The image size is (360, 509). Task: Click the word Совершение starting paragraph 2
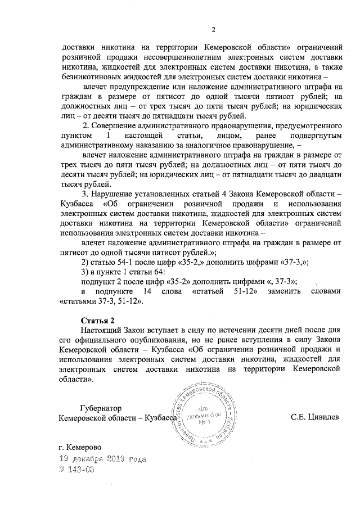[121, 125]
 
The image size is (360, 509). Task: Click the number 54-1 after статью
[126, 262]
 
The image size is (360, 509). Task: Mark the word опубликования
[147, 340]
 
